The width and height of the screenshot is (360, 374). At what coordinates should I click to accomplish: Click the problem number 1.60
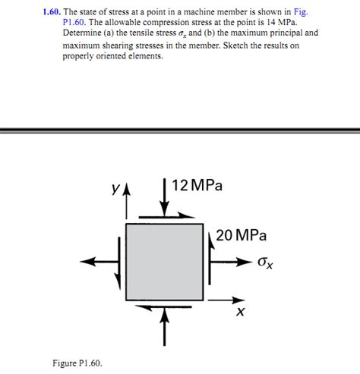(52, 11)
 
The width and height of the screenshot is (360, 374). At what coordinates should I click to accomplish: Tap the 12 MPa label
(197, 185)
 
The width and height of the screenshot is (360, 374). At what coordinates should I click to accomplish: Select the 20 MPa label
(242, 235)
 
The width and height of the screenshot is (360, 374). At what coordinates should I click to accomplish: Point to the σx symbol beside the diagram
(265, 263)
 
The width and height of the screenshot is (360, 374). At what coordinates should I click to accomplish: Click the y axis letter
(115, 188)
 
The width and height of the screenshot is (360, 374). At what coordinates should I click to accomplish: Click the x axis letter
(240, 312)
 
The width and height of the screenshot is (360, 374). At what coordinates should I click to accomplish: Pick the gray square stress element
(165, 262)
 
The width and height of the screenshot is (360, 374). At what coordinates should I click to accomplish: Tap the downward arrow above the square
(165, 198)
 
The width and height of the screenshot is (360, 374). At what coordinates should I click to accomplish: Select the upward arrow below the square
(165, 326)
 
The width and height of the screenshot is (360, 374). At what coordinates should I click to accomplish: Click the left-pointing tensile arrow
(99, 262)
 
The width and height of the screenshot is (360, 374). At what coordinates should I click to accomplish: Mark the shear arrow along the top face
(167, 216)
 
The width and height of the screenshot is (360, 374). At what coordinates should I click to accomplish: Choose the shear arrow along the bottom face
(163, 307)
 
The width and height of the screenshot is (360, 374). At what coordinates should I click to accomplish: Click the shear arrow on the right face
(210, 259)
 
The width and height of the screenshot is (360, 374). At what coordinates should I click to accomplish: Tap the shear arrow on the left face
(118, 263)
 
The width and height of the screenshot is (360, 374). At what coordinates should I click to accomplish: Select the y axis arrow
(126, 203)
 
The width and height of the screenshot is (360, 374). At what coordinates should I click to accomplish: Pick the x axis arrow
(226, 300)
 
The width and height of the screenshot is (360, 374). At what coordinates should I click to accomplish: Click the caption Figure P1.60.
(77, 363)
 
